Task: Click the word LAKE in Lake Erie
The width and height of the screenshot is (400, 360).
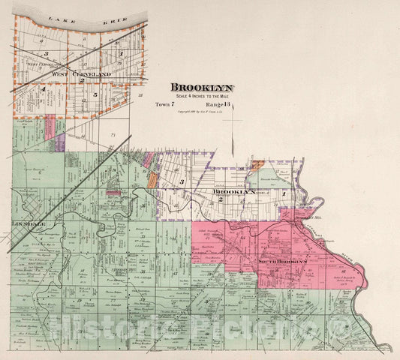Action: (54, 15)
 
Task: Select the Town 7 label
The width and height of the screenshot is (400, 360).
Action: (165, 104)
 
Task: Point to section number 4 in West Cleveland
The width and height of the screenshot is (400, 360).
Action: (44, 89)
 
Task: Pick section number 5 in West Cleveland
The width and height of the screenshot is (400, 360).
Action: (95, 94)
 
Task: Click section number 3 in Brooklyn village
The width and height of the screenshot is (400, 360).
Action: (182, 182)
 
